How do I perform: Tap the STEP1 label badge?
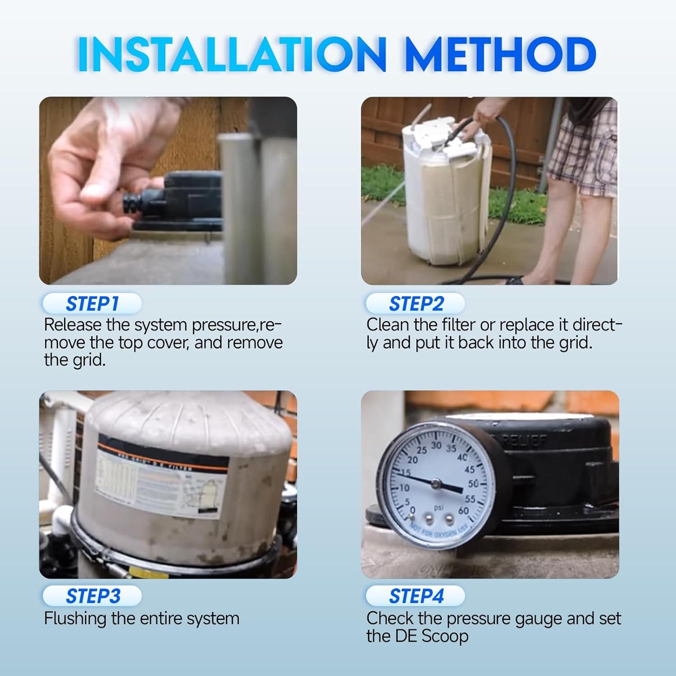point(92,304)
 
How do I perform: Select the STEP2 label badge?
point(416,304)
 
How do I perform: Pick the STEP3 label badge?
point(93,596)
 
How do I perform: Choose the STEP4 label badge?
point(416,596)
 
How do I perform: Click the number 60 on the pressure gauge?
point(463,511)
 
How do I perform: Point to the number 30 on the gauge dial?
point(436,445)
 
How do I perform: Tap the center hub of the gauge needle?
point(435,484)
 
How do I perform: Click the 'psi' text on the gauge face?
point(438,507)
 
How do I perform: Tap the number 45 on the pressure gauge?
point(470,469)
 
